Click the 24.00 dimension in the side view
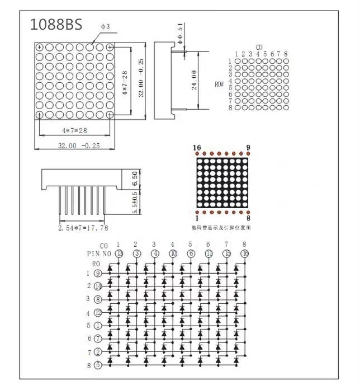[x=193, y=80]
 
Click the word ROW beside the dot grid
[x=219, y=84]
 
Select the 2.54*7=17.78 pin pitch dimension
[x=84, y=227]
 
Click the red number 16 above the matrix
[x=197, y=147]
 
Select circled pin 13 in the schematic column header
[x=119, y=253]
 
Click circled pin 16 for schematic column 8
[x=244, y=253]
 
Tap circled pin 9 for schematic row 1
[x=98, y=273]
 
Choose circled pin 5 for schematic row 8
[x=98, y=365]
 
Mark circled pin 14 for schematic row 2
[x=98, y=286]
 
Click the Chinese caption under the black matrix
[x=221, y=228]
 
